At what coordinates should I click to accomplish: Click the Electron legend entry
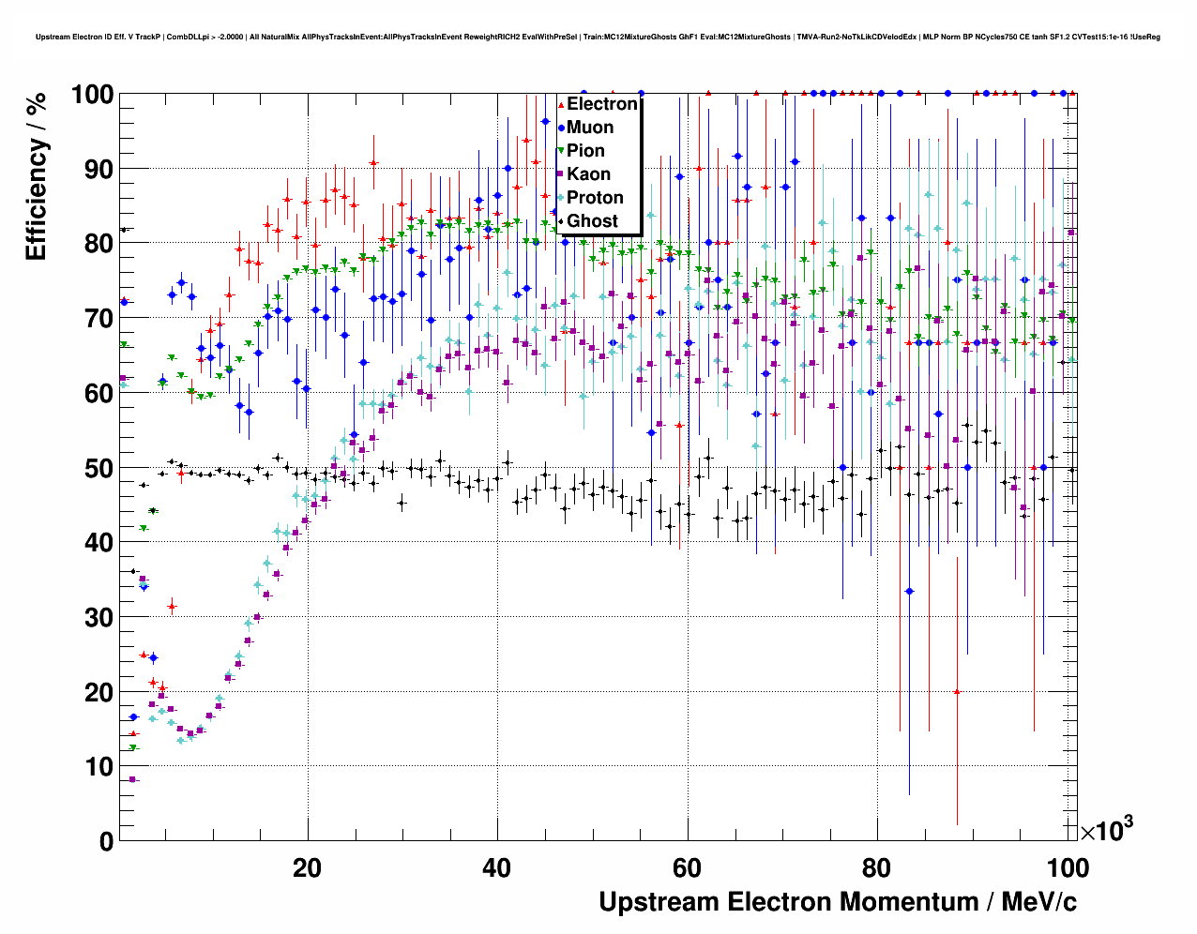pyautogui.click(x=601, y=104)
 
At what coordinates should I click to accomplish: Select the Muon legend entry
pyautogui.click(x=590, y=128)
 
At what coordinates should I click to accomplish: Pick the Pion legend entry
pyautogui.click(x=585, y=151)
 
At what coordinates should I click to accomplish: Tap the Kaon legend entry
pyautogui.click(x=588, y=174)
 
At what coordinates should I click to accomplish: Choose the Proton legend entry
pyautogui.click(x=595, y=198)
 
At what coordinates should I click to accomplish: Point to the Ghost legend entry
pyautogui.click(x=592, y=221)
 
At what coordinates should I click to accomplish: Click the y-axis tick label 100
pyautogui.click(x=92, y=95)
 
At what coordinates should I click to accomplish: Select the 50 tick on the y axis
pyautogui.click(x=98, y=468)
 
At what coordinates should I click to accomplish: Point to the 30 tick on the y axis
pyautogui.click(x=98, y=617)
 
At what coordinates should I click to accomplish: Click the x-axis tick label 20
pyautogui.click(x=307, y=868)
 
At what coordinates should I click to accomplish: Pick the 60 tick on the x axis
pyautogui.click(x=688, y=868)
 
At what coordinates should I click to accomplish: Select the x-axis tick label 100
pyautogui.click(x=1066, y=868)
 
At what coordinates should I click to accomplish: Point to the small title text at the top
pyautogui.click(x=598, y=37)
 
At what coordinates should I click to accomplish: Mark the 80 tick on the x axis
pyautogui.click(x=877, y=868)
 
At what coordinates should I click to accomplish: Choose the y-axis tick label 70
pyautogui.click(x=98, y=319)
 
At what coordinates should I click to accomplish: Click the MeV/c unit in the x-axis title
pyautogui.click(x=1038, y=902)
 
